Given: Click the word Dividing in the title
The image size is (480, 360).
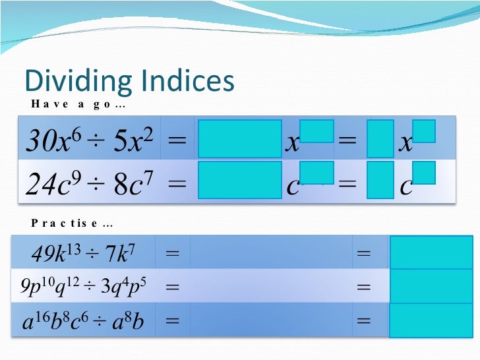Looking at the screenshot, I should pyautogui.click(x=74, y=81).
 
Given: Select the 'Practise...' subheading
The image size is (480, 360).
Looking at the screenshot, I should pyautogui.click(x=73, y=224).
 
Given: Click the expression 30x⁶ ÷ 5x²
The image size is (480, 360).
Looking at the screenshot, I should pyautogui.click(x=89, y=140).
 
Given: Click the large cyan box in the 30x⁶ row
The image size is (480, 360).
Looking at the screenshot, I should pyautogui.click(x=239, y=138).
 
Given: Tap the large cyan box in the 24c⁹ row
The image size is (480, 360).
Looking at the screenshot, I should pyautogui.click(x=239, y=180).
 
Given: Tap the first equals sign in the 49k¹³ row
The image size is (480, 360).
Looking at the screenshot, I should pyautogui.click(x=173, y=253).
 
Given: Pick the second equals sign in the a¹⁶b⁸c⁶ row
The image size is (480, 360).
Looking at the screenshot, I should pyautogui.click(x=363, y=322).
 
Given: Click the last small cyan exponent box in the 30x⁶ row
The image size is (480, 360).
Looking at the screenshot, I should pyautogui.click(x=425, y=131).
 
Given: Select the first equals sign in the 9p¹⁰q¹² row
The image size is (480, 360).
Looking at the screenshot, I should pyautogui.click(x=173, y=287).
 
